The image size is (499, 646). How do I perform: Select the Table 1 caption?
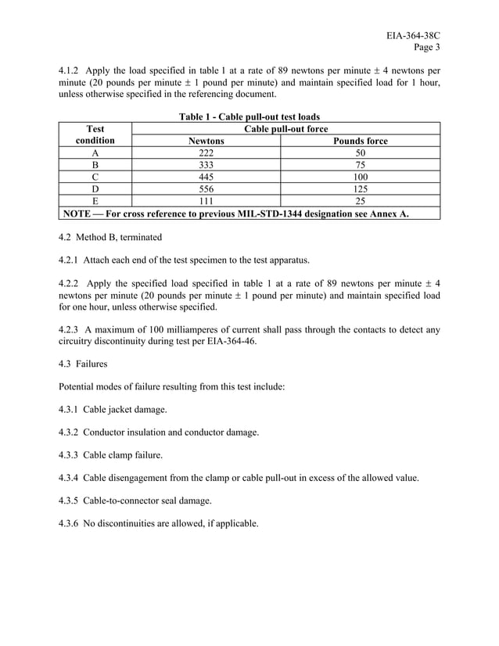(x=249, y=117)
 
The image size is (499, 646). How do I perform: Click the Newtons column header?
(x=206, y=142)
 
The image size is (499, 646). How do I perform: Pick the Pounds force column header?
(x=360, y=142)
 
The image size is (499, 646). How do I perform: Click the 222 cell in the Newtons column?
(x=206, y=155)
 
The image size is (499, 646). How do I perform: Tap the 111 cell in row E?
(x=206, y=200)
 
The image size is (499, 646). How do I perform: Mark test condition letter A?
(x=95, y=155)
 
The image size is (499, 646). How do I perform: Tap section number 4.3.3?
(x=71, y=454)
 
